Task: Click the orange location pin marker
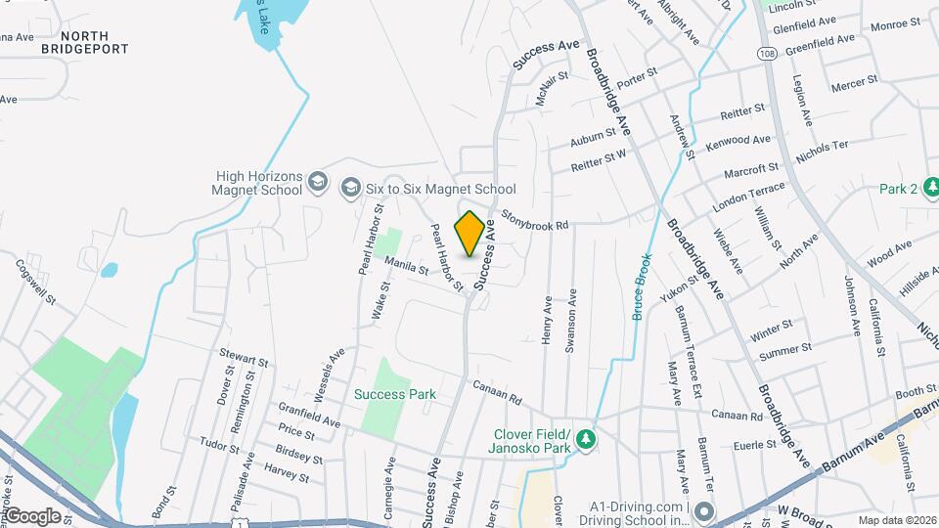click(x=470, y=233)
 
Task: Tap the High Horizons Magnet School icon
click(x=317, y=182)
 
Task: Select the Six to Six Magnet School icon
click(x=350, y=188)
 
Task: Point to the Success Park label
click(x=394, y=394)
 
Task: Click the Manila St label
click(x=407, y=265)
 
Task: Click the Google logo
click(x=32, y=515)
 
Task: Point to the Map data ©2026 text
click(x=897, y=520)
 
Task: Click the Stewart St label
click(x=245, y=361)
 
